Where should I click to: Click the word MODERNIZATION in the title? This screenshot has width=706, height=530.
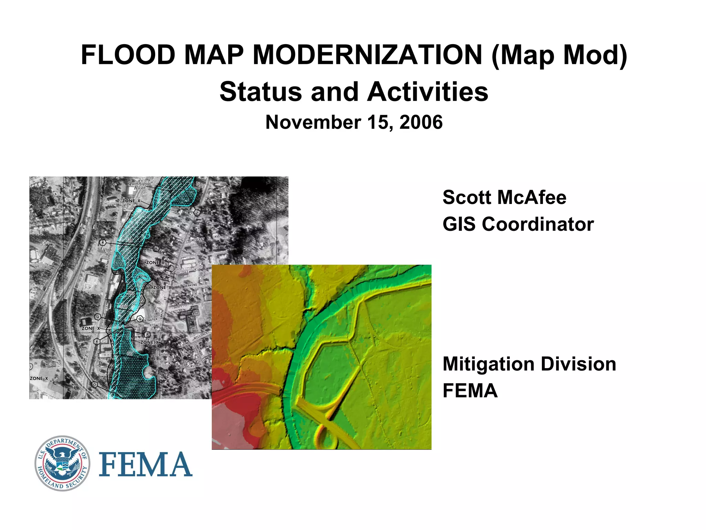click(x=367, y=55)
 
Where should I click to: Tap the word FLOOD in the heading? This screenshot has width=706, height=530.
click(x=128, y=55)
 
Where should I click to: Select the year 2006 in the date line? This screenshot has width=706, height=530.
click(x=421, y=122)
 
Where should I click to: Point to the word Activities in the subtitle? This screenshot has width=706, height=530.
click(x=428, y=92)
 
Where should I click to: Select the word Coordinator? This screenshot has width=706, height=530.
click(x=538, y=224)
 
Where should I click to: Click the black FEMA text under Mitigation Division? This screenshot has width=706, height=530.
click(x=470, y=391)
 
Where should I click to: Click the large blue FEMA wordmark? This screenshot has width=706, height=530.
click(x=145, y=464)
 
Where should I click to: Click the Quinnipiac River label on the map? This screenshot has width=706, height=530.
click(x=140, y=186)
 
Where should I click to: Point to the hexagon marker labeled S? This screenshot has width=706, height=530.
click(x=197, y=212)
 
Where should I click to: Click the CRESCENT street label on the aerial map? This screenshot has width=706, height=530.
click(x=197, y=239)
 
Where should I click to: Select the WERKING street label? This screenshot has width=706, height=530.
click(x=190, y=285)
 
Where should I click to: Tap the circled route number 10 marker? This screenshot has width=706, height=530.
click(x=171, y=268)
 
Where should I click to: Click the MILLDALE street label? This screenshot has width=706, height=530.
click(x=201, y=335)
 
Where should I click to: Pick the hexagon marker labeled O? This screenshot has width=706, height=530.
click(x=94, y=384)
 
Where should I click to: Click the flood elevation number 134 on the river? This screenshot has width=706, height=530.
click(x=129, y=240)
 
